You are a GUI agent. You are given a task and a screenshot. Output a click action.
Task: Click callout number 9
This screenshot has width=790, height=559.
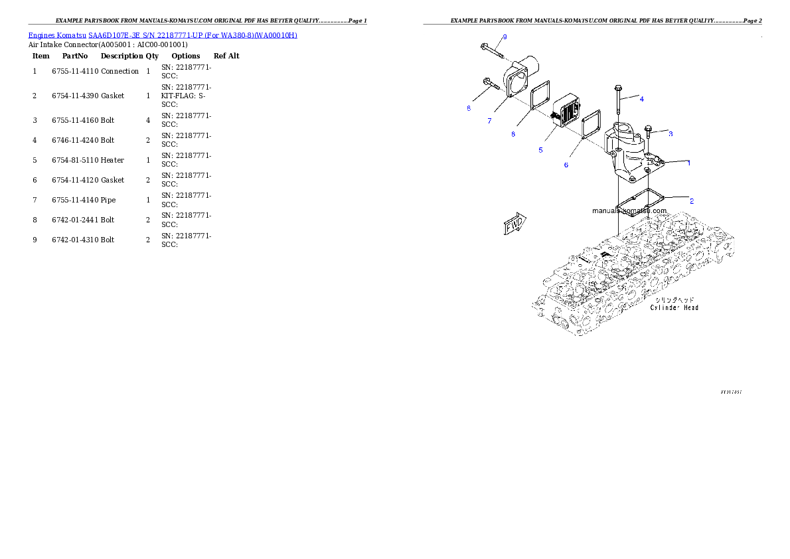(x=505, y=36)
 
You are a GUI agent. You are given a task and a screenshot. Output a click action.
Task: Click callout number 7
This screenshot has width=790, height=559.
(x=489, y=121)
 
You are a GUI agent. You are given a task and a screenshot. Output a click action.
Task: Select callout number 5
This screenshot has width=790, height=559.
(x=540, y=150)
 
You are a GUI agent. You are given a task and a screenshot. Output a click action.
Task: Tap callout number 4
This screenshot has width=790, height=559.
(x=641, y=99)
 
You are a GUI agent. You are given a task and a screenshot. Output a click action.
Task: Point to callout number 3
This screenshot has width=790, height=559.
(x=671, y=133)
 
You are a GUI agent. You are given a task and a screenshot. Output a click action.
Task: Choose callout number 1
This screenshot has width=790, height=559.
(x=688, y=163)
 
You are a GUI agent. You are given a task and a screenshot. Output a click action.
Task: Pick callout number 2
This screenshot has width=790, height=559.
(x=691, y=200)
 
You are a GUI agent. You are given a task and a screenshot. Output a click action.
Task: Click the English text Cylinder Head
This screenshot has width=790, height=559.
(x=674, y=307)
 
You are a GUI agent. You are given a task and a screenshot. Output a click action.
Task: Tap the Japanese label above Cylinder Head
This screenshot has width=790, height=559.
(x=674, y=299)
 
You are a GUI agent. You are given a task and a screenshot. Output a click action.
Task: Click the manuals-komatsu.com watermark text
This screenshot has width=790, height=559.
(x=629, y=210)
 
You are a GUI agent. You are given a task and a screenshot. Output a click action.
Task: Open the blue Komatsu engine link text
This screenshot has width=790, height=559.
(x=163, y=35)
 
